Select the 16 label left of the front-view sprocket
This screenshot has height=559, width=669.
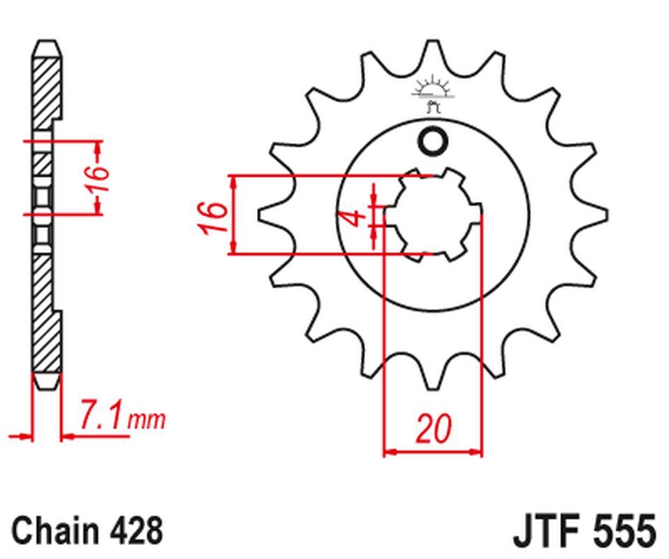214,217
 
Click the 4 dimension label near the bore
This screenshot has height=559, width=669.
356,218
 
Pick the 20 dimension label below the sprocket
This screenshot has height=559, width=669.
432,429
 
